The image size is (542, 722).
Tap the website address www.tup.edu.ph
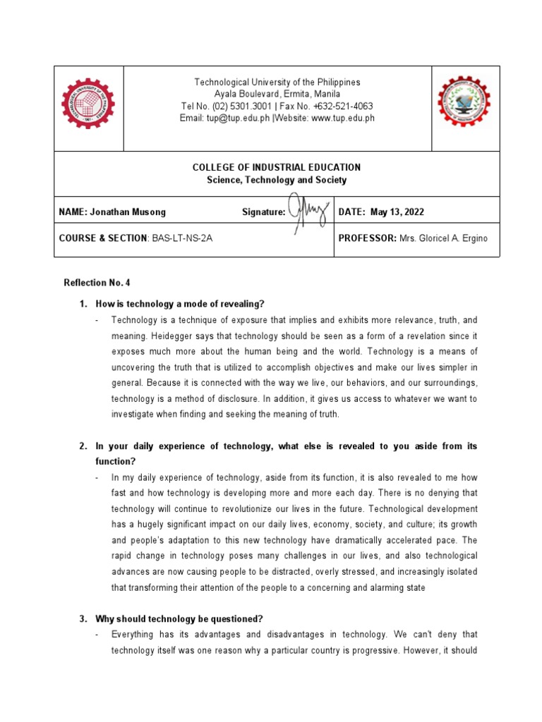pos(343,118)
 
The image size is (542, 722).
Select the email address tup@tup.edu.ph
pos(225,118)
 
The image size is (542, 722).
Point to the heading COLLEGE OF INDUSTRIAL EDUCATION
pos(277,167)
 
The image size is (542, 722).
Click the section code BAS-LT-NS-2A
pos(181,238)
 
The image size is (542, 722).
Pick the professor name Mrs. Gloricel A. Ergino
pos(443,238)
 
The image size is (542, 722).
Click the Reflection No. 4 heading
pos(97,283)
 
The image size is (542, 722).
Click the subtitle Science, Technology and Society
pos(277,180)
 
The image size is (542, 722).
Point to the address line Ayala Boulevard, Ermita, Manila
pos(277,94)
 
